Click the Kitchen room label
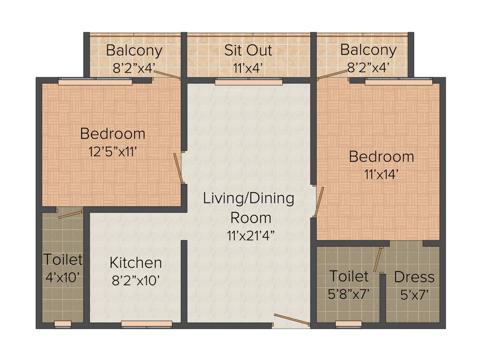pos(135,262)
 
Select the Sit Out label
pos(248,50)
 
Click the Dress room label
pos(414,277)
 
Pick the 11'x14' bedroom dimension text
pos(381,174)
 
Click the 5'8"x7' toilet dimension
pos(349,294)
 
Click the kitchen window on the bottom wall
pos(147,323)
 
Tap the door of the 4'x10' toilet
pos(70,214)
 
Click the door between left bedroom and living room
pos(178,167)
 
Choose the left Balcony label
pos(134,50)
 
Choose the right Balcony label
pos(368,50)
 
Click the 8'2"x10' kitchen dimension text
pos(135,280)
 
